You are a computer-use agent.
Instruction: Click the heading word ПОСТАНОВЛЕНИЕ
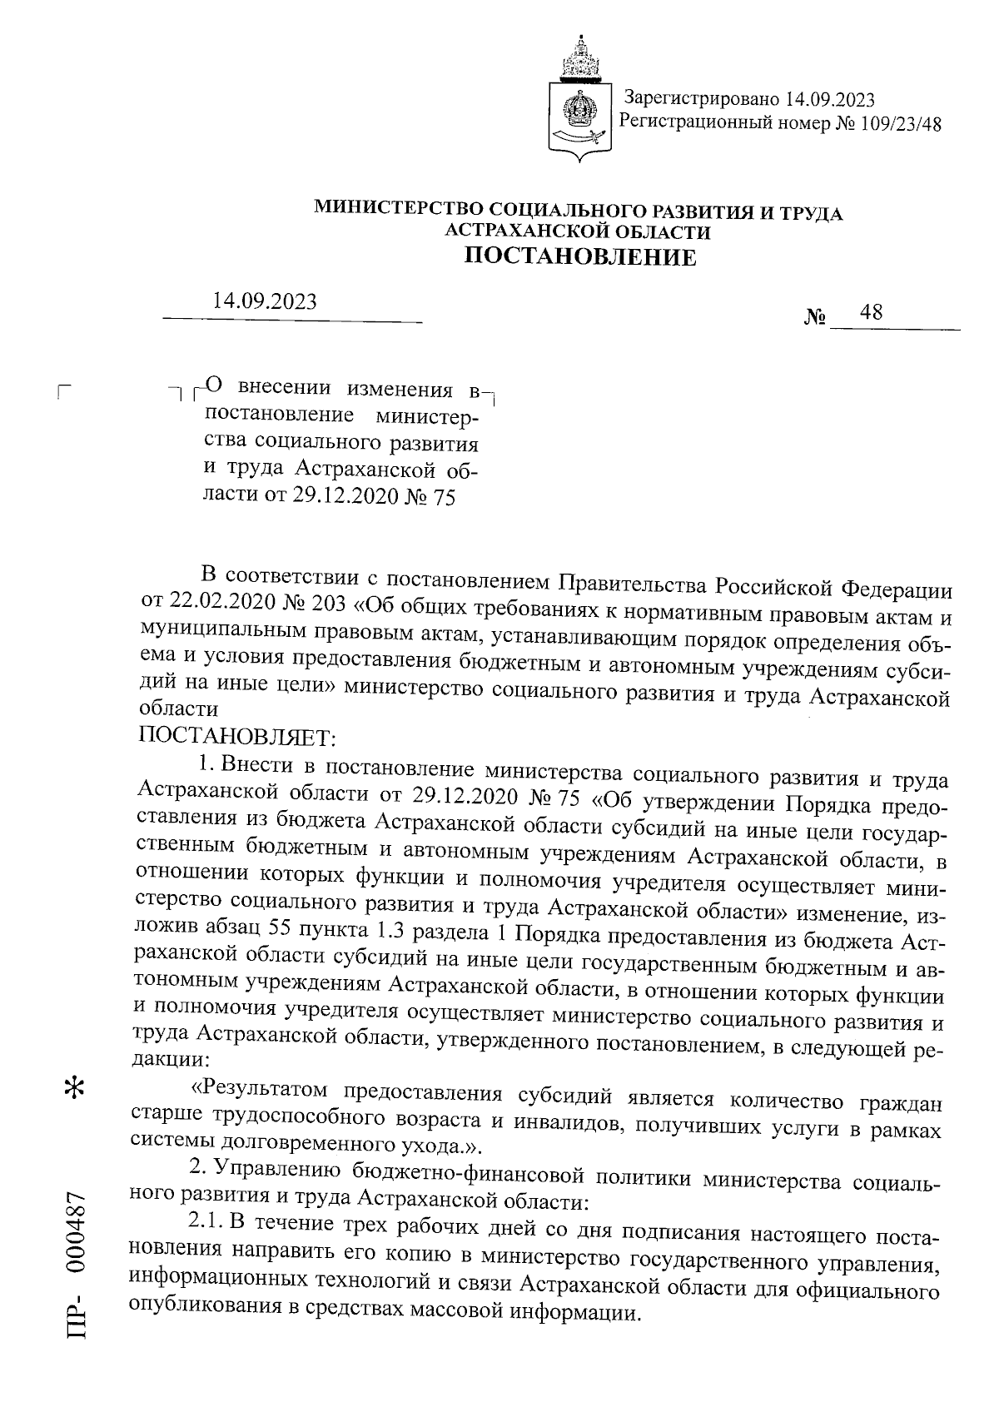(x=579, y=256)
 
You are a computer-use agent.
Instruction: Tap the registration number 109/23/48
(x=894, y=125)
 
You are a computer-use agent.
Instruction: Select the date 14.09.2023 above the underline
(x=265, y=301)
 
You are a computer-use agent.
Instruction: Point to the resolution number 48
(x=872, y=313)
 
